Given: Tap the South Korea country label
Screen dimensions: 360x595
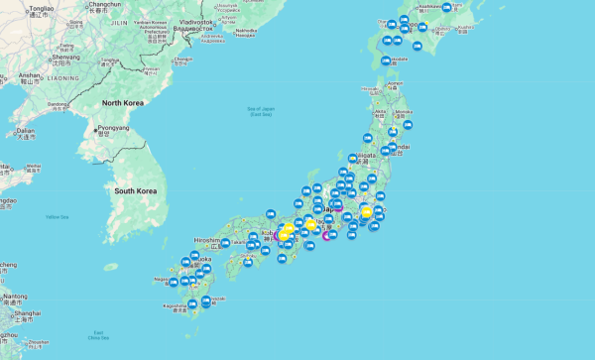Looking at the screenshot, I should (x=137, y=189).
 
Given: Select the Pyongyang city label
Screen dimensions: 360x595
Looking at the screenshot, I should (x=112, y=128).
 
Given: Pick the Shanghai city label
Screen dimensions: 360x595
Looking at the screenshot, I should (x=27, y=313).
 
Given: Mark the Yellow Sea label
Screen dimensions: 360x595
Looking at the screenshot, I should (x=58, y=216).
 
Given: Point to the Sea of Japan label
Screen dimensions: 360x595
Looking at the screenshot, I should (x=260, y=112).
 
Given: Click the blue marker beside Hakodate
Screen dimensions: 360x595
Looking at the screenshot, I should (x=385, y=61).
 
